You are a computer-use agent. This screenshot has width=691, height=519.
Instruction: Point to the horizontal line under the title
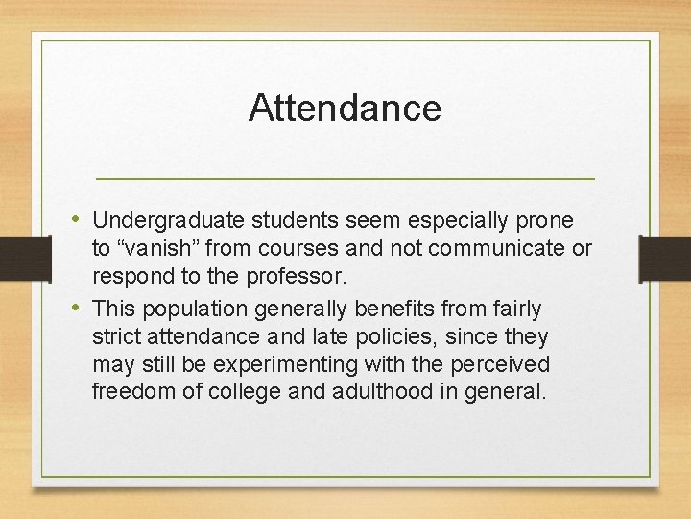[x=345, y=179]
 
